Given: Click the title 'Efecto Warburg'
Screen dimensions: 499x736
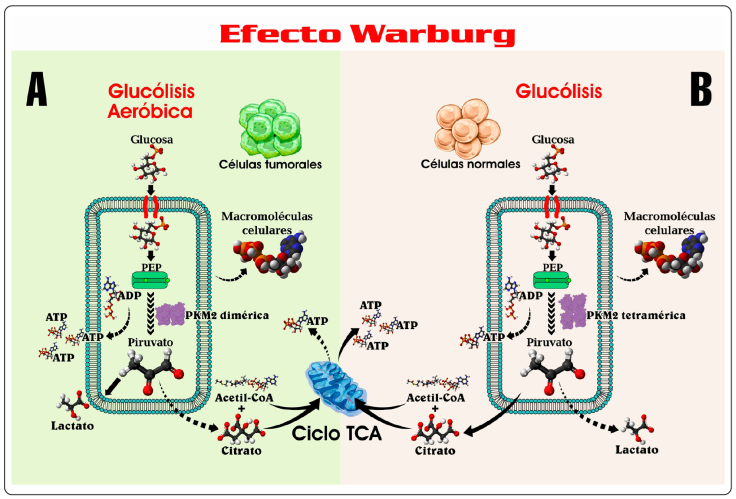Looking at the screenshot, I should [x=367, y=32].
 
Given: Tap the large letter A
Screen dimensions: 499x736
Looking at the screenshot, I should [x=36, y=90].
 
